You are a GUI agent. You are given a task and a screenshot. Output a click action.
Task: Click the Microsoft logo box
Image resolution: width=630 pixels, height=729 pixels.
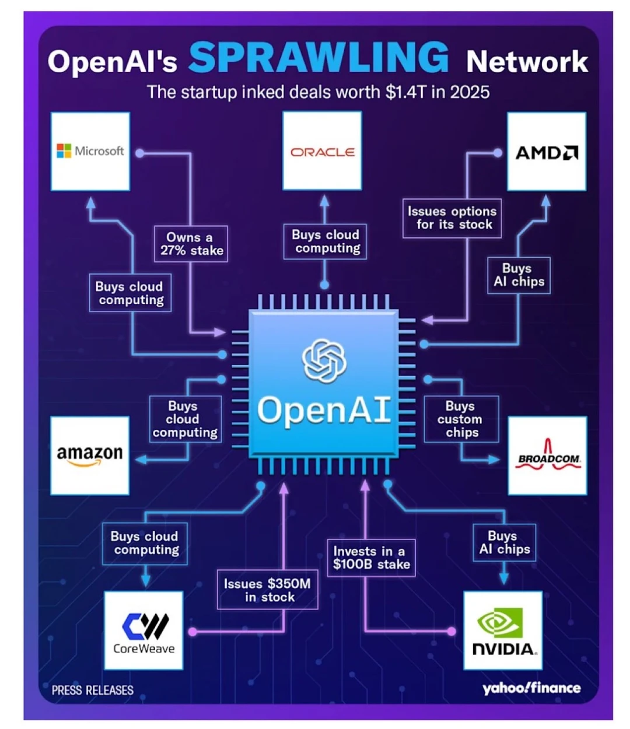click(90, 152)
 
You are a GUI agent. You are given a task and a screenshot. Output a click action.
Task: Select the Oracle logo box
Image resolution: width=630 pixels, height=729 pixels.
click(322, 152)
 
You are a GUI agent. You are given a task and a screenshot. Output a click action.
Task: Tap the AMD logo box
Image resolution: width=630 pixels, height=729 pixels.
click(547, 152)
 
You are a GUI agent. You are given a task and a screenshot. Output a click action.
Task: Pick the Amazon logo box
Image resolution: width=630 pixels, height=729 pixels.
click(90, 455)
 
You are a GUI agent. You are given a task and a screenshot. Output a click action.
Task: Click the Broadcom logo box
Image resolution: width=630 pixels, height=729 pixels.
click(548, 456)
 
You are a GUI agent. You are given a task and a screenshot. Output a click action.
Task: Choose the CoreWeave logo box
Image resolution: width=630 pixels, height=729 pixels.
click(143, 630)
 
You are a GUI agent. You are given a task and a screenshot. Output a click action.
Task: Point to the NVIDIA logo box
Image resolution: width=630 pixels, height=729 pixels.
click(503, 630)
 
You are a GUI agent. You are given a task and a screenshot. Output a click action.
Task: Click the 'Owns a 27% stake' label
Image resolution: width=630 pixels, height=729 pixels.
click(191, 244)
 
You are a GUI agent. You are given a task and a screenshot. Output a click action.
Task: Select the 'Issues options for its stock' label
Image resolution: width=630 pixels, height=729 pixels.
click(452, 218)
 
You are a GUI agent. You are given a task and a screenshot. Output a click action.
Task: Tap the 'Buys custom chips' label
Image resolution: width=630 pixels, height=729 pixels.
click(461, 419)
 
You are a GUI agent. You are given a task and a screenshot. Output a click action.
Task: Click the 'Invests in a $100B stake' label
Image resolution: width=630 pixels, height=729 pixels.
click(371, 558)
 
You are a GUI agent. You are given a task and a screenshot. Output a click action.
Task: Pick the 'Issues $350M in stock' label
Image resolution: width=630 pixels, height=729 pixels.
click(268, 590)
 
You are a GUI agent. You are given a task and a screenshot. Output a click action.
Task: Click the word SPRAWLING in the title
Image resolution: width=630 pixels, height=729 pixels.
click(318, 58)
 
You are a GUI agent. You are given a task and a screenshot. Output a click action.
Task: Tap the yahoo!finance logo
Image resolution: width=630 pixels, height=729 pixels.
click(531, 688)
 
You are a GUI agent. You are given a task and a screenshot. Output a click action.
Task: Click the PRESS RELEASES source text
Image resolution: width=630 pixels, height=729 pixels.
click(92, 691)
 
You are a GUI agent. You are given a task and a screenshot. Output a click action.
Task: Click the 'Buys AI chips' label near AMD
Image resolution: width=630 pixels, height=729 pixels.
click(519, 275)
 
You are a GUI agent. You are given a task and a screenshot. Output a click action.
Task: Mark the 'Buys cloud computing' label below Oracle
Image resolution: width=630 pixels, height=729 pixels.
click(325, 241)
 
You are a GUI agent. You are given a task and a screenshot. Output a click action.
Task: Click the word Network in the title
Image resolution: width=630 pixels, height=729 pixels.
click(527, 62)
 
